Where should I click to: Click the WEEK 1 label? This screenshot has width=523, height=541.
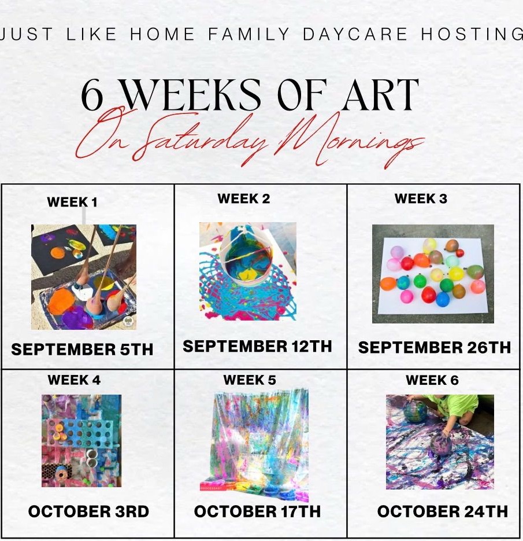click(x=72, y=202)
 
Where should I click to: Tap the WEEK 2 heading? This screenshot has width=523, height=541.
click(x=243, y=198)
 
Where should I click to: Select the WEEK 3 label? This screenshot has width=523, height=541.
click(x=421, y=198)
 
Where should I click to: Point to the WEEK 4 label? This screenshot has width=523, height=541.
click(x=74, y=380)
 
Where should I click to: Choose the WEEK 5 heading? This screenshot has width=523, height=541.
click(x=250, y=380)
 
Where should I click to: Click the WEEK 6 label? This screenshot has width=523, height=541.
click(x=432, y=380)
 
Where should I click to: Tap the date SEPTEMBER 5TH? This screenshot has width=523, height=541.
click(x=82, y=349)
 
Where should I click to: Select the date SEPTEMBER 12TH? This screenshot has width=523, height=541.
click(x=257, y=346)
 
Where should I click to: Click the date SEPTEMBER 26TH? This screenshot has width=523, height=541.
click(x=434, y=347)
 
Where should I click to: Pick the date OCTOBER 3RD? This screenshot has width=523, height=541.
click(x=88, y=511)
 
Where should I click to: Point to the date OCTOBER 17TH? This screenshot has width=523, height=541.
click(x=257, y=511)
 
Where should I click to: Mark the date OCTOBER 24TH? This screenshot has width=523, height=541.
click(x=442, y=511)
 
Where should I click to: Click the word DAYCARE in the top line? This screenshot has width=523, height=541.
click(x=355, y=34)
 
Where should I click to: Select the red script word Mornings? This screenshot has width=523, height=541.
click(x=350, y=141)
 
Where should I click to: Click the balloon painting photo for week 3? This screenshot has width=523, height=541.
click(x=433, y=274)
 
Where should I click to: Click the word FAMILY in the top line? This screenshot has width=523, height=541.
click(x=248, y=34)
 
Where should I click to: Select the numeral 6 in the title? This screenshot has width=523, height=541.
click(x=92, y=95)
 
